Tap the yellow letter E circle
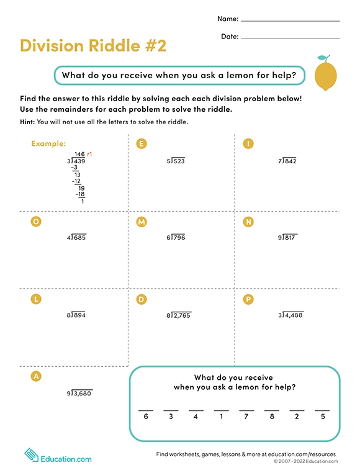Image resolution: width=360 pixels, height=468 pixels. click(142, 144)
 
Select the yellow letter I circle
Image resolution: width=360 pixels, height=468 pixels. click(248, 144)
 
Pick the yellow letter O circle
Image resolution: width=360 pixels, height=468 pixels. click(36, 222)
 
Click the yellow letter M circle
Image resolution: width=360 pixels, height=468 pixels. click(142, 222)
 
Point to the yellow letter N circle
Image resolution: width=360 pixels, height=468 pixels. click(248, 222)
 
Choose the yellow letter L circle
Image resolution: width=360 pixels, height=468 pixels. click(36, 299)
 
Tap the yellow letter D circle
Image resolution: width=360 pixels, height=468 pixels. click(142, 299)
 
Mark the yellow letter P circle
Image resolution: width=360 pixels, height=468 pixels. click(248, 299)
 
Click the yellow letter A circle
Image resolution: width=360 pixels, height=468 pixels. click(36, 377)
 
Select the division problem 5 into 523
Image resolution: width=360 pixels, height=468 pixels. click(176, 161)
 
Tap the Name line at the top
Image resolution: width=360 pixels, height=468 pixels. click(290, 20)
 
